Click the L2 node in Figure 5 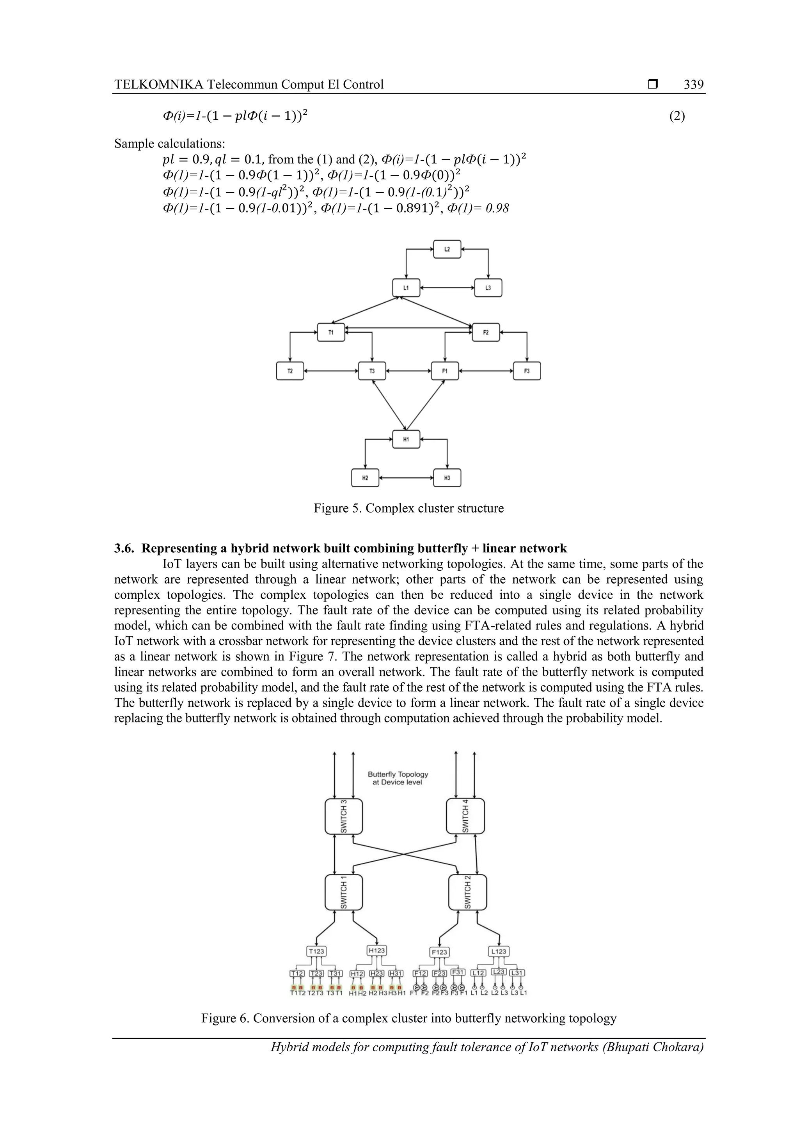pos(447,249)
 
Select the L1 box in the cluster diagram pos(406,287)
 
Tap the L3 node pos(488,287)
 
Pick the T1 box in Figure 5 pos(331,332)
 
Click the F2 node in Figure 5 pos(485,332)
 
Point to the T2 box pos(290,371)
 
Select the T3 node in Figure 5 pos(372,371)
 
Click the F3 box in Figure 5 pos(526,371)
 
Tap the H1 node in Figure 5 pos(406,439)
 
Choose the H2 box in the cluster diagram pos(365,477)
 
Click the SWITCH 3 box pos(344,816)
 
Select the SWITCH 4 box pos(465,816)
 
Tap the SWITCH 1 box pos(344,892)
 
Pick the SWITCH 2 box pos(467,892)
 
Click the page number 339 pos(693,85)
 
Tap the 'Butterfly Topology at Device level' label pos(398,778)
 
